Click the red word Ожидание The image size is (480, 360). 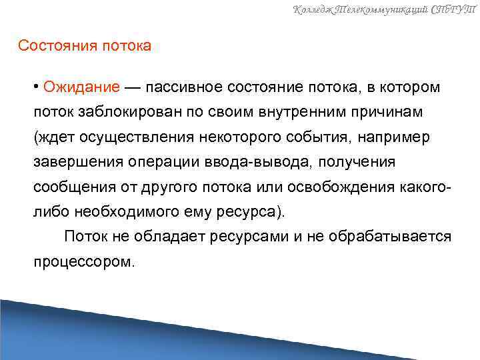click(82, 88)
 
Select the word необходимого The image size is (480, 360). click(124, 212)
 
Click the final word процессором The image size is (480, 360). click(84, 261)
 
